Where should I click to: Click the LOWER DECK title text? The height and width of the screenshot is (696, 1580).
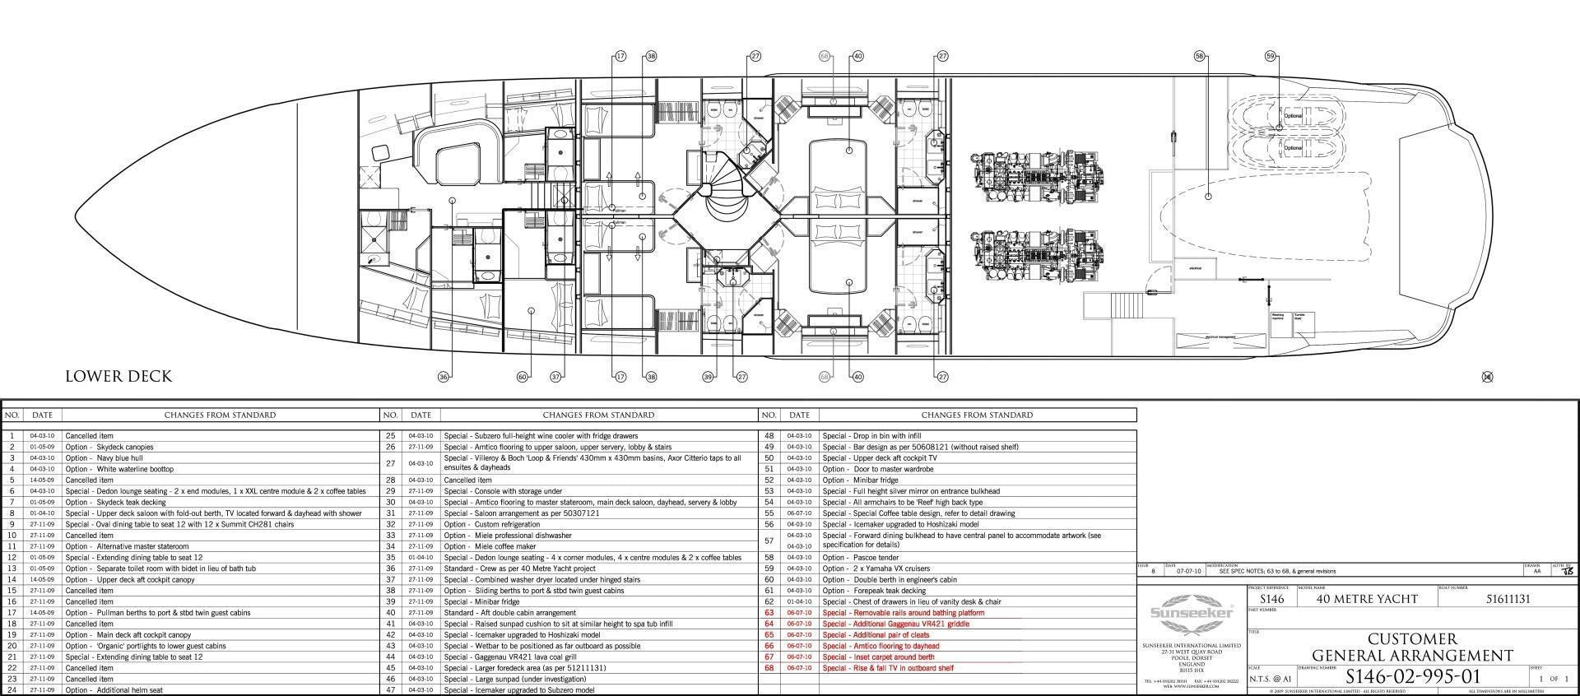tap(118, 377)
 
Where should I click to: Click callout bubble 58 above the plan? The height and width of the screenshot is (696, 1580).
tap(1199, 56)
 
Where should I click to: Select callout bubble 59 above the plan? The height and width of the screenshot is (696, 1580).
tap(1271, 56)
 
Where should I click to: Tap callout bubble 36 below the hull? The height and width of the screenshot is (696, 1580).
tap(444, 377)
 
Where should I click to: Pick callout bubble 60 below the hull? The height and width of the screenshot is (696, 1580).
tap(522, 377)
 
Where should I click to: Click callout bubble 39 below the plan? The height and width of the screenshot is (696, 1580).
tap(708, 377)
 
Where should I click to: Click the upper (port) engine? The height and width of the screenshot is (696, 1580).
tap(1037, 175)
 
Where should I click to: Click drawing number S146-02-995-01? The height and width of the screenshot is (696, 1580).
tap(1413, 677)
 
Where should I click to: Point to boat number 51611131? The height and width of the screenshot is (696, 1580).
tap(1508, 599)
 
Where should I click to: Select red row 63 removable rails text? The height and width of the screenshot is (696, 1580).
tap(903, 613)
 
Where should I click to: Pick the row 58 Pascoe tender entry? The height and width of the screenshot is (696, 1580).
tap(860, 558)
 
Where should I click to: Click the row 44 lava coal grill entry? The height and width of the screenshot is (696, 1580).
tap(507, 657)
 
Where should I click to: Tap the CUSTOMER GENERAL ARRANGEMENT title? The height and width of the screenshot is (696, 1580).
tap(1412, 647)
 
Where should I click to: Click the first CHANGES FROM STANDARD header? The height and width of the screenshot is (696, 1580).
tap(220, 415)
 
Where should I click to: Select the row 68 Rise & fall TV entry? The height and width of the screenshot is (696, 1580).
tap(888, 668)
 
